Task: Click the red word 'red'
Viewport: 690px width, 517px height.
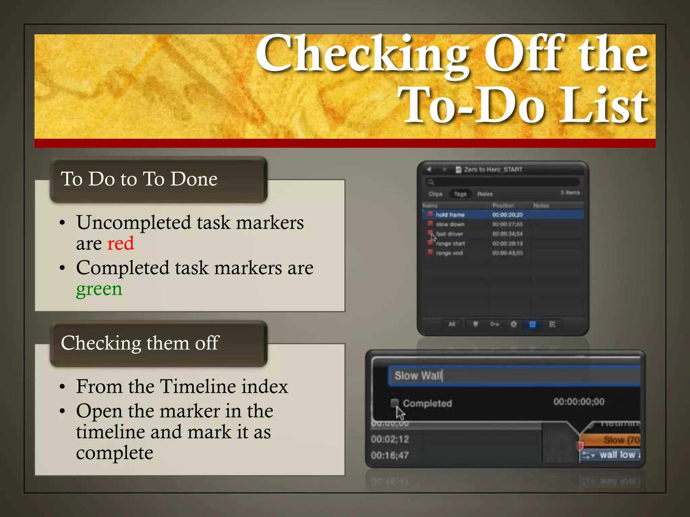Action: [x=120, y=243]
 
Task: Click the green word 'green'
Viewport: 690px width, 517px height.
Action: [x=99, y=289]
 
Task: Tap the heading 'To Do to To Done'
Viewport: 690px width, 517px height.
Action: [x=139, y=179]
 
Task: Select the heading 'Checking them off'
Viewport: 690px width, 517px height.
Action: [x=140, y=343]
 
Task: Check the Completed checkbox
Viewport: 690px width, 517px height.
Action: [x=394, y=403]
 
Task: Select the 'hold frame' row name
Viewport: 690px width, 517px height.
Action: [x=450, y=215]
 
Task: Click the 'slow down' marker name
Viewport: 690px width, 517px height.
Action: [x=450, y=224]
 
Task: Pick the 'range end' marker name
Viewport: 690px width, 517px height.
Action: [x=449, y=253]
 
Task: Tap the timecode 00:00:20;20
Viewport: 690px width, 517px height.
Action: [x=507, y=215]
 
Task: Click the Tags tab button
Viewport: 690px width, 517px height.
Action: [x=460, y=194]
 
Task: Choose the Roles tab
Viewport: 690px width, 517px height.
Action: [x=485, y=194]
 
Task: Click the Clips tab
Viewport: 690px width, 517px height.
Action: [x=435, y=194]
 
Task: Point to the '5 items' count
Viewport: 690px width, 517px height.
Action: [x=570, y=193]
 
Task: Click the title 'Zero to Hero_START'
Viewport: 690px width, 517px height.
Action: [x=493, y=169]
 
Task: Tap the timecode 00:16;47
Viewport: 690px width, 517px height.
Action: [x=390, y=455]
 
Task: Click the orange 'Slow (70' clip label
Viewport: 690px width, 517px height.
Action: [x=621, y=440]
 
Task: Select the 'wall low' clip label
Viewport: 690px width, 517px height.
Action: [x=617, y=455]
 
